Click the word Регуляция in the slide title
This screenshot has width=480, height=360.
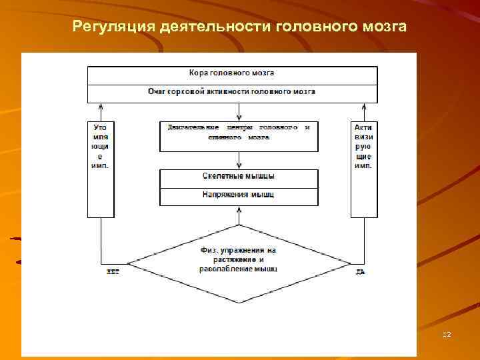pos(114,27)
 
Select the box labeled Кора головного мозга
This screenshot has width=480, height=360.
pos(232,74)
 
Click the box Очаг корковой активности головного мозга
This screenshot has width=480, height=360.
pos(232,92)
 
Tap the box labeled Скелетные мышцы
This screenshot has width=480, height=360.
pos(239,177)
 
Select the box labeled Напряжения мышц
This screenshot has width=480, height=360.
pos(239,196)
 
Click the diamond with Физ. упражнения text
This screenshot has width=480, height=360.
pos(239,261)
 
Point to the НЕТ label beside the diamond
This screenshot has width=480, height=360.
pos(113,271)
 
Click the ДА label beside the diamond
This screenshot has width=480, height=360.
pos(360,271)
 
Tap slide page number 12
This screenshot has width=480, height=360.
pos(446,333)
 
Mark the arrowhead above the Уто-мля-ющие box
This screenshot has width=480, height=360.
pos(101,107)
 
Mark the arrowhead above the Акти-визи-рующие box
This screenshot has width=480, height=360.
pos(363,107)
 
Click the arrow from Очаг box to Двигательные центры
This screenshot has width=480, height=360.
pos(239,111)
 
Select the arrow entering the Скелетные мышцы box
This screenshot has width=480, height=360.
pos(239,161)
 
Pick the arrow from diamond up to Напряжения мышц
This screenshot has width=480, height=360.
pos(239,215)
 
